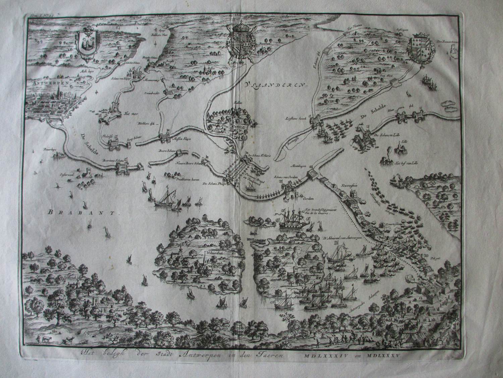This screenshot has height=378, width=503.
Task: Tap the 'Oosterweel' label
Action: click(66, 171)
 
